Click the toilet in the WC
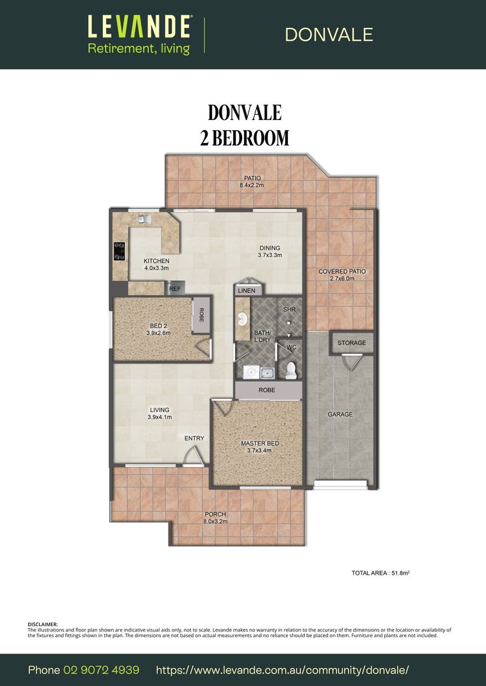click(x=291, y=370)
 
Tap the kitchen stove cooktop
click(x=119, y=252)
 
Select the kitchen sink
click(x=144, y=219)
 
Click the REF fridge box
click(x=175, y=289)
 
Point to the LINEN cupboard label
click(x=246, y=291)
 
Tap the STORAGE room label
click(x=351, y=343)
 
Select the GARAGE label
click(x=340, y=414)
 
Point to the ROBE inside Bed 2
click(x=202, y=315)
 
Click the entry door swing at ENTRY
click(x=193, y=455)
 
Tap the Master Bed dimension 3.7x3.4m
click(x=259, y=451)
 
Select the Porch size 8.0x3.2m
click(x=215, y=521)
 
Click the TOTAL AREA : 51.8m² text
click(x=380, y=573)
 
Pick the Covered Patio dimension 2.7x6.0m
click(x=342, y=279)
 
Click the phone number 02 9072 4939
click(x=101, y=670)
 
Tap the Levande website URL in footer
click(x=282, y=670)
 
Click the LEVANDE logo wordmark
click(x=139, y=27)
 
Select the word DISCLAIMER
click(x=43, y=624)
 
